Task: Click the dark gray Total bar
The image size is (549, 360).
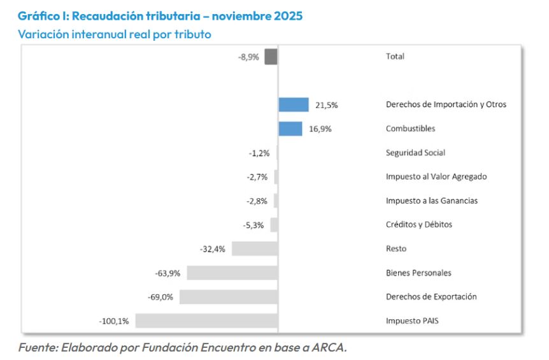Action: (271, 56)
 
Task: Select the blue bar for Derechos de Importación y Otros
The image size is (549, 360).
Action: (293, 104)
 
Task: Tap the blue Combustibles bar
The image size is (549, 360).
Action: (290, 128)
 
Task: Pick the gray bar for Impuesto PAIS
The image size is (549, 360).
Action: (206, 320)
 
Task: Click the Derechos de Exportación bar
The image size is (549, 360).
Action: (228, 297)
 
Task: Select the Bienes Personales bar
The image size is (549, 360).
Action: (232, 273)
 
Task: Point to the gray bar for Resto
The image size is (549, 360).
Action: (254, 248)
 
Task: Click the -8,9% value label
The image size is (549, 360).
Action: (248, 57)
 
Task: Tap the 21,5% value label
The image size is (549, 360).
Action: (327, 105)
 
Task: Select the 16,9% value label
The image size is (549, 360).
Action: (320, 129)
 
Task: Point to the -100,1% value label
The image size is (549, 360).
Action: (114, 321)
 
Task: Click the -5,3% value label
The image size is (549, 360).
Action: (254, 225)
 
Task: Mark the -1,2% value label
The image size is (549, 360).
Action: (259, 153)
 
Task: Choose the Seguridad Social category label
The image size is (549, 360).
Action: (415, 153)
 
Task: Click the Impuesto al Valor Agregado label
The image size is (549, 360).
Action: (436, 176)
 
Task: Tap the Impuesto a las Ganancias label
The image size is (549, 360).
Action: (431, 201)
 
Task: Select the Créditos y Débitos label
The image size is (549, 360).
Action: (418, 225)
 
